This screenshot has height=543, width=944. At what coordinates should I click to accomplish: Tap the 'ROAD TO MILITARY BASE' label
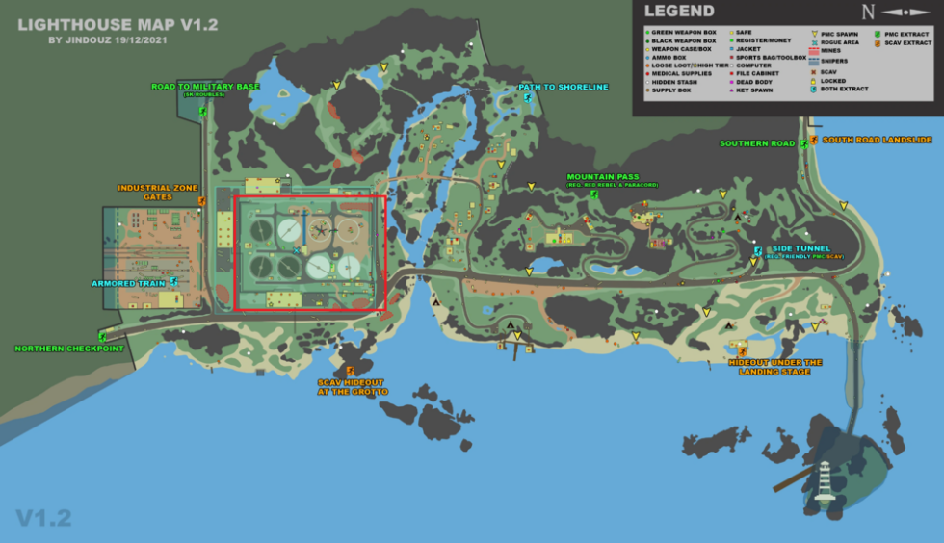(204, 87)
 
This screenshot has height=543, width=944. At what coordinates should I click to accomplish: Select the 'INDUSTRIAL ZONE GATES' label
(144, 193)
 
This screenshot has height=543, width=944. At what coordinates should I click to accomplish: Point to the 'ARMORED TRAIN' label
(128, 283)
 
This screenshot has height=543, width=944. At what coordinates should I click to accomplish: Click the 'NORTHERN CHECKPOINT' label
(68, 349)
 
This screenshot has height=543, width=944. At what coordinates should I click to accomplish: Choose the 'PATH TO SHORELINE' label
(564, 87)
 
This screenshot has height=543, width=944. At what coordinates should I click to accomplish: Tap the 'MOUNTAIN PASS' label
(603, 177)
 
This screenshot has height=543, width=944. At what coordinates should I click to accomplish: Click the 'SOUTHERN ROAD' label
(757, 143)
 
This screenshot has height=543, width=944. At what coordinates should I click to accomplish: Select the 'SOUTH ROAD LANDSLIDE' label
(878, 140)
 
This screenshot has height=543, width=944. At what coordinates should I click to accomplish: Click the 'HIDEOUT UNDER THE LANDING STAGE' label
(775, 367)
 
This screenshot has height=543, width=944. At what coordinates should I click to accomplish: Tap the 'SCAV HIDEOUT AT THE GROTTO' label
(353, 387)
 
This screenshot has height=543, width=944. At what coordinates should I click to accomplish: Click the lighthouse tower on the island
(823, 480)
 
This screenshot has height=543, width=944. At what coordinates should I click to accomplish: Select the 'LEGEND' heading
(678, 12)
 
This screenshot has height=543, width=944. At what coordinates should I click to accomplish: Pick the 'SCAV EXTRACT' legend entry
(908, 42)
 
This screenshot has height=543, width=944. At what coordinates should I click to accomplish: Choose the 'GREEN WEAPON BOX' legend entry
(683, 33)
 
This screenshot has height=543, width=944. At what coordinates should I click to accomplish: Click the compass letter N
(869, 13)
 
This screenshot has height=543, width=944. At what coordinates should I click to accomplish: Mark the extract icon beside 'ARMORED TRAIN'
(173, 282)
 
